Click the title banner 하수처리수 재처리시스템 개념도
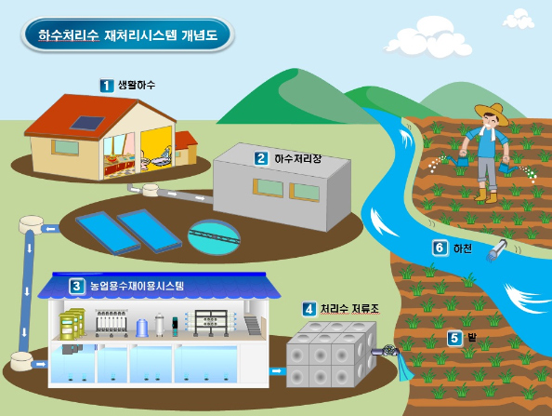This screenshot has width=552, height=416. click(127, 35)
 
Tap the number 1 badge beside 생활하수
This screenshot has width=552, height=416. click(106, 86)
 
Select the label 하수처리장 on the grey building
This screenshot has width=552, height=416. click(297, 158)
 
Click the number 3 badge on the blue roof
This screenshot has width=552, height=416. click(77, 286)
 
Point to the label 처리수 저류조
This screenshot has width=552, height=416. click(349, 309)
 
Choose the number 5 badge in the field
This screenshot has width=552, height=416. click(454, 339)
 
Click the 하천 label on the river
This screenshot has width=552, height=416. click(462, 248)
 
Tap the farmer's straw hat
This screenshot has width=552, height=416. click(493, 112)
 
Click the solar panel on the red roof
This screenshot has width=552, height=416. click(87, 123)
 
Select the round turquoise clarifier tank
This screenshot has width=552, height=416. click(214, 237)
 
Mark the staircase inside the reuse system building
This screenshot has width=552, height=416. click(253, 326)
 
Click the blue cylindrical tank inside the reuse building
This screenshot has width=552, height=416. click(142, 328)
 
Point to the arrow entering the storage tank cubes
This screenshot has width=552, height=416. click(277, 371)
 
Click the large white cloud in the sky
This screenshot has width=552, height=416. click(428, 38)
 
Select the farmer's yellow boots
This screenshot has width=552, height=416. click(486, 195)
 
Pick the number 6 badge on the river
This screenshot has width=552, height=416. click(440, 248)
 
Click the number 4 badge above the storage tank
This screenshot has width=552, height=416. click(309, 309)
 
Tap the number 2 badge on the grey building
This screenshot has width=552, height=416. click(261, 158)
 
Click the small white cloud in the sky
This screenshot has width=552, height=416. click(519, 20)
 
